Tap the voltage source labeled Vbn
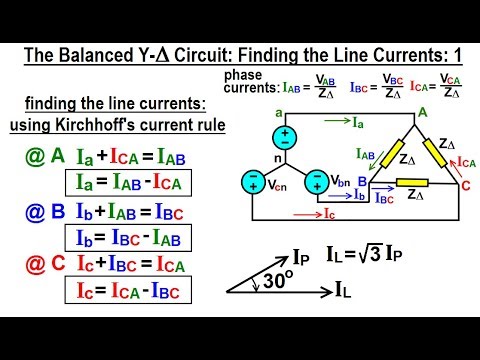click(x=318, y=182)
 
